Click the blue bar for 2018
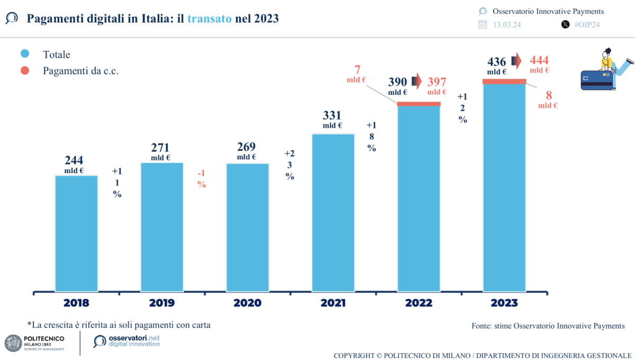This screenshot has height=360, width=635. pyautogui.click(x=77, y=233)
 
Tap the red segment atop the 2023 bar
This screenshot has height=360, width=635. pyautogui.click(x=504, y=81)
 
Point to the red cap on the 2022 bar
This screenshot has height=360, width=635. pyautogui.click(x=419, y=104)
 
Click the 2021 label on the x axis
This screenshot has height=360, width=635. pyautogui.click(x=333, y=303)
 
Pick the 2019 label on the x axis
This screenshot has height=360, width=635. pyautogui.click(x=162, y=303)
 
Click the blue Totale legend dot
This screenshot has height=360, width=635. pyautogui.click(x=25, y=54)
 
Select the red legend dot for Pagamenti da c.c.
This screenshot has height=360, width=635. pyautogui.click(x=25, y=70)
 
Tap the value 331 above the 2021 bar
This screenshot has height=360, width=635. pyautogui.click(x=332, y=115)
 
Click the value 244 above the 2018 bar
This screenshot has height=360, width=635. pyautogui.click(x=75, y=160)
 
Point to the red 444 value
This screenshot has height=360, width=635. pyautogui.click(x=539, y=60)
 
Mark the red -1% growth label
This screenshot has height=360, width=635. pyautogui.click(x=202, y=178)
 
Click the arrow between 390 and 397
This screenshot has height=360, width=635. pyautogui.click(x=416, y=81)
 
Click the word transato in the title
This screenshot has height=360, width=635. pyautogui.click(x=209, y=19)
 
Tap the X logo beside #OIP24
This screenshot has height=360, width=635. pyautogui.click(x=565, y=24)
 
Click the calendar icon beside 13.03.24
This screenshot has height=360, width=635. pyautogui.click(x=483, y=24)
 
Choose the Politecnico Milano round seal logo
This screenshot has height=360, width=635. pyautogui.click(x=13, y=343)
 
